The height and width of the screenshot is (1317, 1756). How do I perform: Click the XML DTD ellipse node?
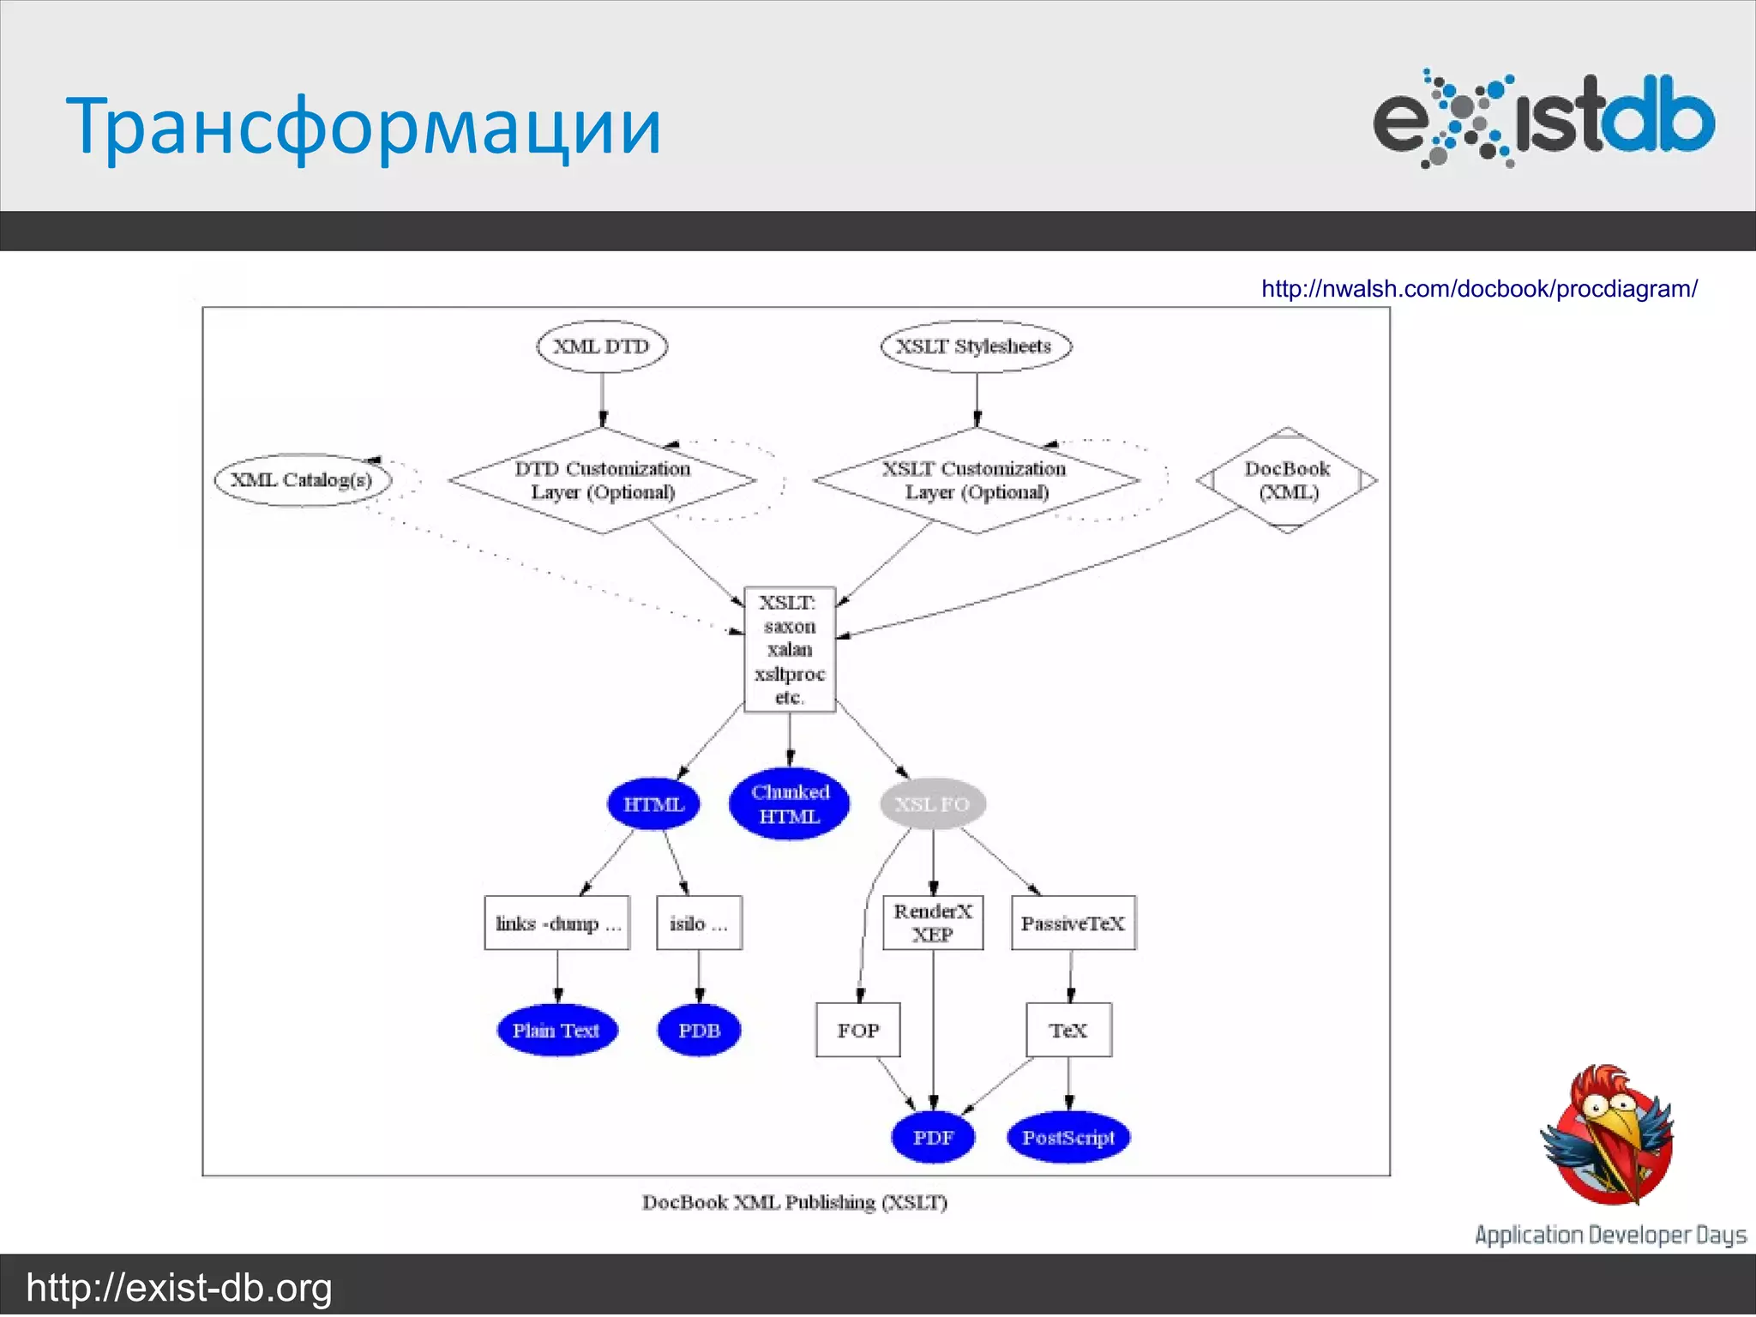point(601,346)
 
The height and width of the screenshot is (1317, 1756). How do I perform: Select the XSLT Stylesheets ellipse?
point(976,346)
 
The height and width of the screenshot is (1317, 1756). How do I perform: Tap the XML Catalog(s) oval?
point(302,479)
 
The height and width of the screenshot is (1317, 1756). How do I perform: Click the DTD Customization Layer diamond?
point(602,480)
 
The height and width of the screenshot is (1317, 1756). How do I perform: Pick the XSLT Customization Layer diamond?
point(976,480)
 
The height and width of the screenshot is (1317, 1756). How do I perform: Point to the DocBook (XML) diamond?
point(1286,480)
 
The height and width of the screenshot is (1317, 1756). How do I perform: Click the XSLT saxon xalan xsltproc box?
point(790,649)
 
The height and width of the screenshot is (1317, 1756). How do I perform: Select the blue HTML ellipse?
point(653,804)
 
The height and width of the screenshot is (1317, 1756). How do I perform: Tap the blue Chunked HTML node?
point(790,804)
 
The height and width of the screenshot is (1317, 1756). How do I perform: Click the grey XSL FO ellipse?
point(933,804)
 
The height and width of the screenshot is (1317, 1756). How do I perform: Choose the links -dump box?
point(557,923)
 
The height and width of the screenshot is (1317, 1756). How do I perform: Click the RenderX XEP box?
point(933,923)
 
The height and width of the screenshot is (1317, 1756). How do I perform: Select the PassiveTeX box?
point(1073,923)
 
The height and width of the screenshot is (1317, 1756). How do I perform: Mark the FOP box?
point(857,1030)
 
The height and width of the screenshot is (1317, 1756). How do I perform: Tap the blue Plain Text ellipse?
point(556,1030)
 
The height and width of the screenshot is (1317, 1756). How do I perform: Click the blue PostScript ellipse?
point(1068,1138)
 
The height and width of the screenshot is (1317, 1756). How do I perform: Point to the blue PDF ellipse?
point(933,1138)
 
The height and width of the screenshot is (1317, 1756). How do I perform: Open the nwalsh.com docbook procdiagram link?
point(1479,289)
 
